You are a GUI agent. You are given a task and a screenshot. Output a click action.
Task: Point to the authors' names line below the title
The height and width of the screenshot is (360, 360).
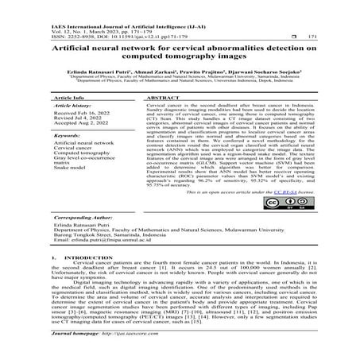[180, 72]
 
